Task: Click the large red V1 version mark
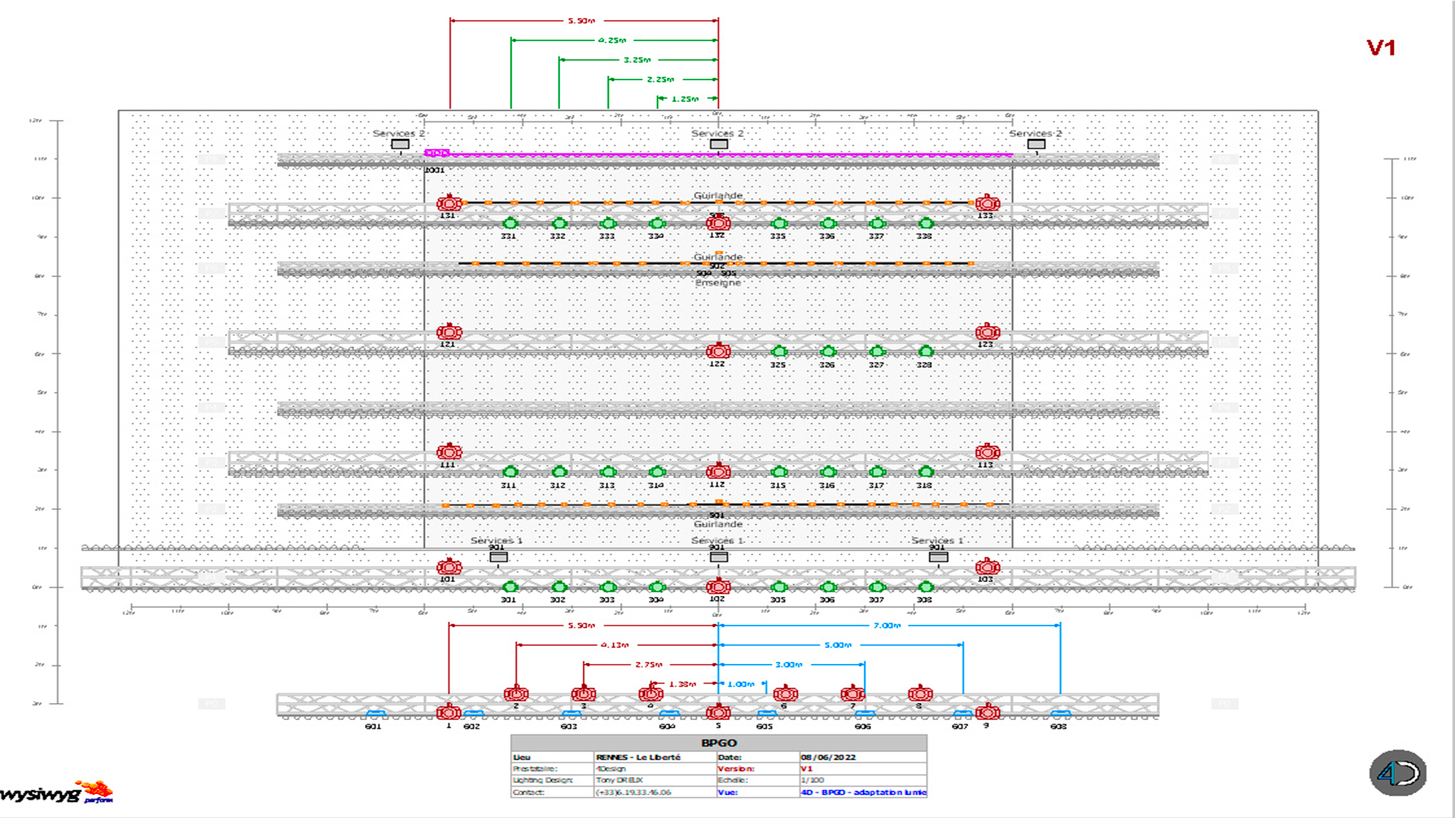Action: point(1380,48)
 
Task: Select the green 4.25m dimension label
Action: point(612,40)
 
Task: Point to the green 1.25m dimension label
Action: point(685,99)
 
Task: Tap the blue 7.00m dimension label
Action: point(887,626)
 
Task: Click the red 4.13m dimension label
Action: point(615,645)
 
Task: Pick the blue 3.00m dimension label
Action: point(789,665)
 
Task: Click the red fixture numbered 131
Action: point(449,204)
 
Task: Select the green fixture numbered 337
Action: point(877,224)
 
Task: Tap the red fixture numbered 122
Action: point(718,351)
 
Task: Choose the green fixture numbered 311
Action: point(509,472)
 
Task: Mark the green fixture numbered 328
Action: point(925,351)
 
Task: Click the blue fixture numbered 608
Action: point(1060,714)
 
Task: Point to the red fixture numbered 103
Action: point(988,567)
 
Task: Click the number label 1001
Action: point(434,170)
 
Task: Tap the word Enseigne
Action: point(718,283)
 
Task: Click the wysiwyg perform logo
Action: point(57,792)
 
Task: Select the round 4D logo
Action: point(1397,773)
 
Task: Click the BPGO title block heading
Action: point(718,743)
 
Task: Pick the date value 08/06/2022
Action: point(828,758)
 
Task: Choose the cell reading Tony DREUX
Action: point(620,780)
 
